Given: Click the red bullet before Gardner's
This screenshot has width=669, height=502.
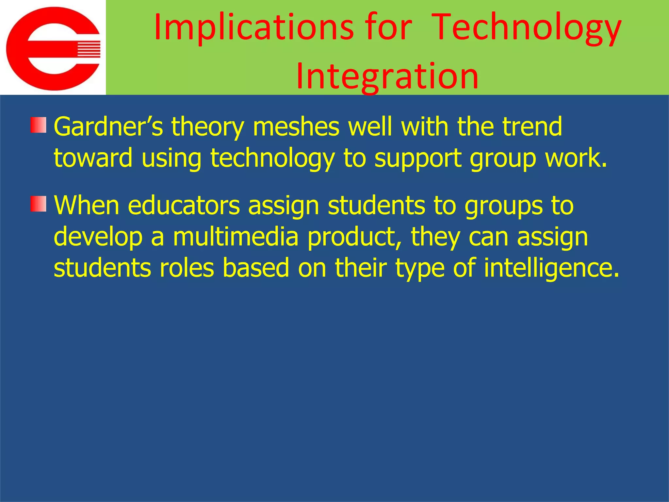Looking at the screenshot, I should click(x=39, y=125).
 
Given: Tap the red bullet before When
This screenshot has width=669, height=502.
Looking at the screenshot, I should click(x=39, y=204).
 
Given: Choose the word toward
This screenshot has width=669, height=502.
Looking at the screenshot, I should click(x=93, y=158).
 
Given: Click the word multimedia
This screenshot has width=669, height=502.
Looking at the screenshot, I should click(x=236, y=237).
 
